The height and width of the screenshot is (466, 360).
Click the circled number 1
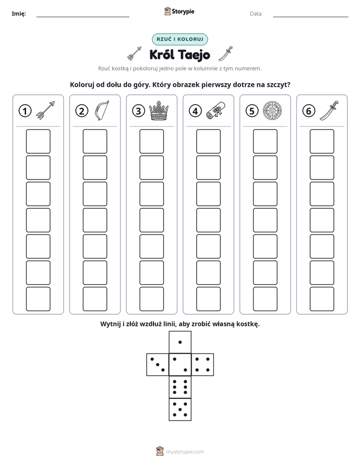tap(25, 111)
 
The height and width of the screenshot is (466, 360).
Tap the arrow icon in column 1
tap(45, 110)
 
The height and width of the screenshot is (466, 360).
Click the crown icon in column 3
tap(159, 110)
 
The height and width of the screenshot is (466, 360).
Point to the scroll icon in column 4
tap(216, 110)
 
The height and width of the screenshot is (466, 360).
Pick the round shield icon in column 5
tap(272, 111)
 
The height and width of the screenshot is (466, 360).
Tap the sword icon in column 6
tap(329, 110)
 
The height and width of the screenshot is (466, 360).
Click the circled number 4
tap(195, 111)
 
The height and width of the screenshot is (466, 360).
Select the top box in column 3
tap(151, 141)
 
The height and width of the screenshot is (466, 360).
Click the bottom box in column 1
tap(38, 299)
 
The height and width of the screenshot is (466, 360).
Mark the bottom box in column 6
tap(322, 299)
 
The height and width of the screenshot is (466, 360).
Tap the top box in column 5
tap(265, 141)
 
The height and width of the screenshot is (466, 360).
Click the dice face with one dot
tap(180, 342)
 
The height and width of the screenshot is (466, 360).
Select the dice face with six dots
tap(180, 387)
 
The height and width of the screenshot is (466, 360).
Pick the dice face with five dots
tap(180, 409)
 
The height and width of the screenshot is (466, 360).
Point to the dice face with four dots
tap(203, 365)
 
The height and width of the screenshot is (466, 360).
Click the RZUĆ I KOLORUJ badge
tap(180, 39)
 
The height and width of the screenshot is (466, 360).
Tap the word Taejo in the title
tap(194, 55)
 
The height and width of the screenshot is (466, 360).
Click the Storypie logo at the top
tap(179, 11)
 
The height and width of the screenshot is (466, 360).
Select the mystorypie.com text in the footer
tap(185, 452)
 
